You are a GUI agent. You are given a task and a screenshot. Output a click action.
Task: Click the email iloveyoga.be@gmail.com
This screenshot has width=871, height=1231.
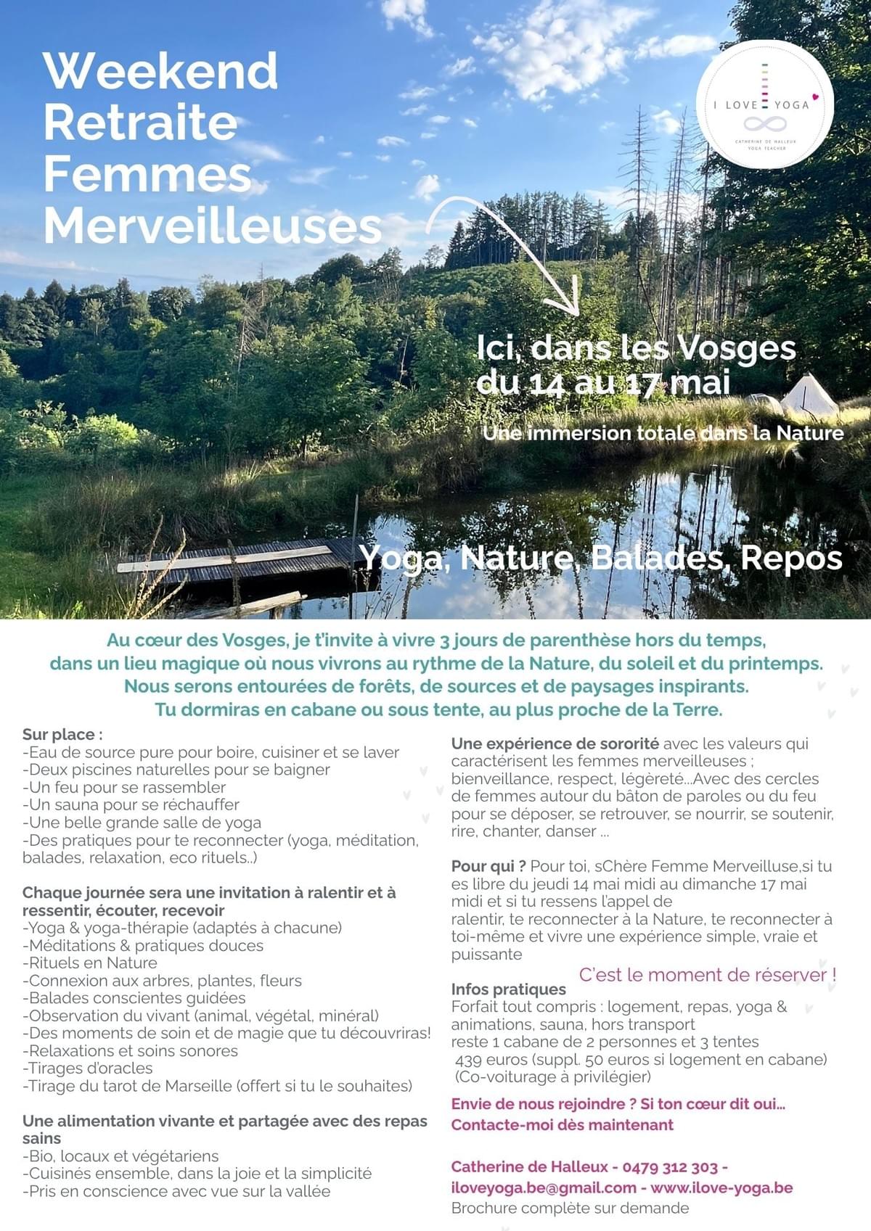[544, 1187]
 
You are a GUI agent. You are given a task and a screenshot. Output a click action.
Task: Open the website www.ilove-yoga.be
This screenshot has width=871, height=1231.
[721, 1187]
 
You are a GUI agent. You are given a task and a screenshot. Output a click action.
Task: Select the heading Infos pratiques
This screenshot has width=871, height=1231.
[508, 989]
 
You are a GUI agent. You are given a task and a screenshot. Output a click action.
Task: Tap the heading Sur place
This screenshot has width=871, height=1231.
[62, 735]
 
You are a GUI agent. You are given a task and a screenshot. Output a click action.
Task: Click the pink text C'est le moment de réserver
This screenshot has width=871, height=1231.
[707, 974]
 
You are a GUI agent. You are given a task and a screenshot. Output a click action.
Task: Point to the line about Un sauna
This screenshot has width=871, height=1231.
[131, 804]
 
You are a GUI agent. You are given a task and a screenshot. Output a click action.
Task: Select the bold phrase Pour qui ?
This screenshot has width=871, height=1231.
[488, 866]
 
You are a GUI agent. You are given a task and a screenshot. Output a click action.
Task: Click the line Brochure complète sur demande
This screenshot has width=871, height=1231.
[570, 1208]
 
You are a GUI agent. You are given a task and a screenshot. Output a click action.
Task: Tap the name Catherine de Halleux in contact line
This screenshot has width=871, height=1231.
[529, 1166]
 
